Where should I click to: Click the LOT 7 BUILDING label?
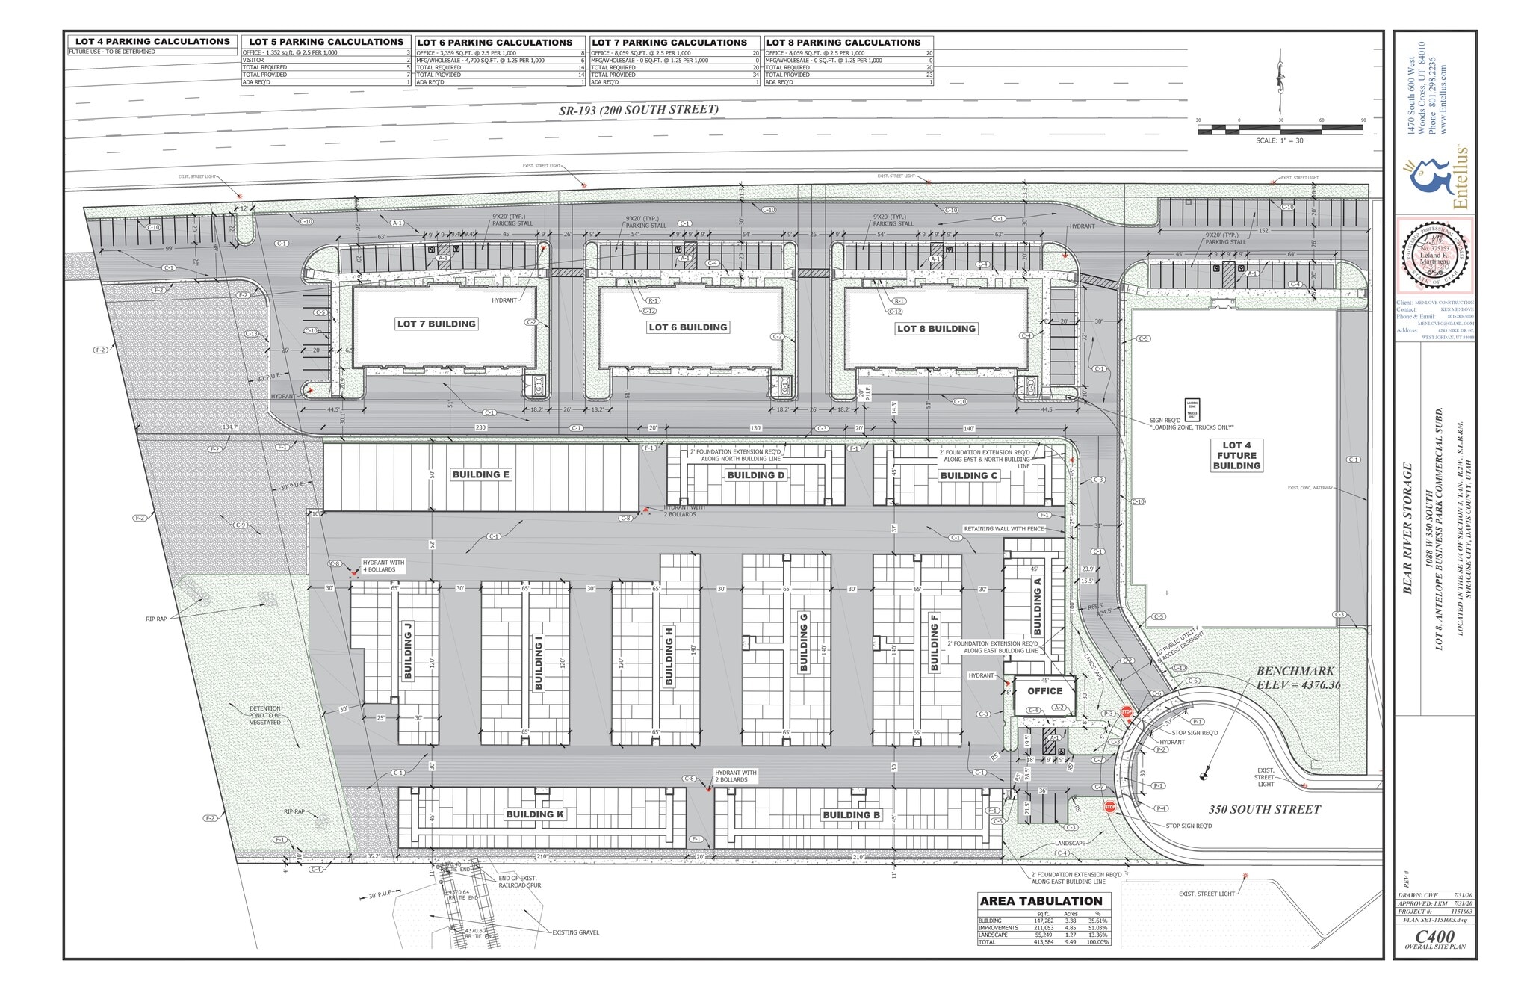tap(436, 324)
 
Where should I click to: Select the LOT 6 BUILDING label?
tap(687, 327)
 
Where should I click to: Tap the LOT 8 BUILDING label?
tap(936, 329)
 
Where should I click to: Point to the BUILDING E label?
tap(480, 474)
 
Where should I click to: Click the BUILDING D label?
tap(756, 475)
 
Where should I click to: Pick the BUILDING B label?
tap(851, 815)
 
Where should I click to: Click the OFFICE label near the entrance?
tap(1044, 691)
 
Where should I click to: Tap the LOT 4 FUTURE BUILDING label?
tap(1236, 455)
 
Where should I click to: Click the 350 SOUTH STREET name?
tap(1265, 809)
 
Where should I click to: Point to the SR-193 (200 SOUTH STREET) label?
tap(639, 110)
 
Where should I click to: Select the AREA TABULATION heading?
tap(1041, 901)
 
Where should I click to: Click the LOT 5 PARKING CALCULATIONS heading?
tap(326, 42)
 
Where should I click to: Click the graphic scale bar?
tap(1280, 130)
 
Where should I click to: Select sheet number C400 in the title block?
tap(1434, 936)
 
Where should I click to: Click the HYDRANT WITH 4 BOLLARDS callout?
tap(382, 566)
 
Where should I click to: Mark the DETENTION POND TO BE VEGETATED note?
tap(265, 715)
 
